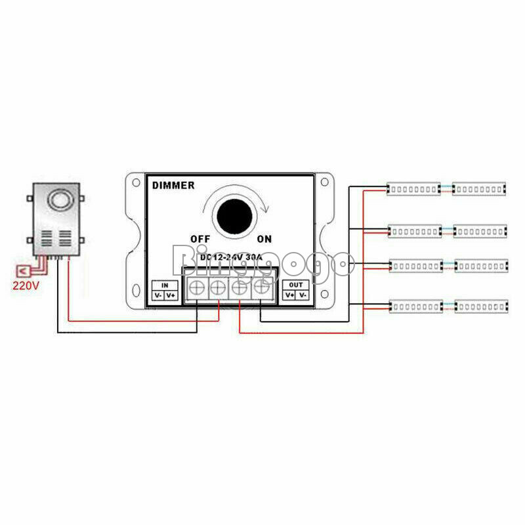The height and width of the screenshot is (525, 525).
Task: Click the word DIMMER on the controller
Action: tap(173, 186)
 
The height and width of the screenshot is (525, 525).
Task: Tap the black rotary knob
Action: tap(233, 215)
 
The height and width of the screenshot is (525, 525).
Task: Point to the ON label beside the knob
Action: tap(264, 238)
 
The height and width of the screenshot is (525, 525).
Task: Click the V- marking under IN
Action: tap(158, 295)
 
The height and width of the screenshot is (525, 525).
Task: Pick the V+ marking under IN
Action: tap(171, 295)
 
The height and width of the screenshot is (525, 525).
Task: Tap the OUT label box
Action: tap(296, 285)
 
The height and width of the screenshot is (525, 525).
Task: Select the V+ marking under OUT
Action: tap(289, 295)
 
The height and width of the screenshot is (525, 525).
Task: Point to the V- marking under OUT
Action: tap(303, 295)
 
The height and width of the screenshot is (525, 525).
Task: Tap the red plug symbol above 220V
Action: tap(22, 270)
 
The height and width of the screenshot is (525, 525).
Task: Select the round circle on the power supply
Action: tap(58, 199)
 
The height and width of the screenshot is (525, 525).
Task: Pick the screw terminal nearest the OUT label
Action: tap(262, 286)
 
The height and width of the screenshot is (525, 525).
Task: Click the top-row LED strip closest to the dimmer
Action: tap(413, 189)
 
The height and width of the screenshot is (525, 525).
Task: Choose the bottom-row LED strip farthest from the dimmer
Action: tap(481, 306)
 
